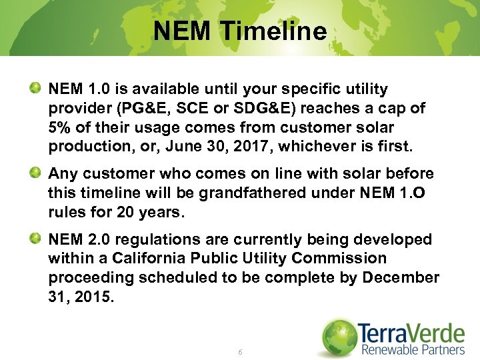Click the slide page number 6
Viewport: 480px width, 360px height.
[x=239, y=351]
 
